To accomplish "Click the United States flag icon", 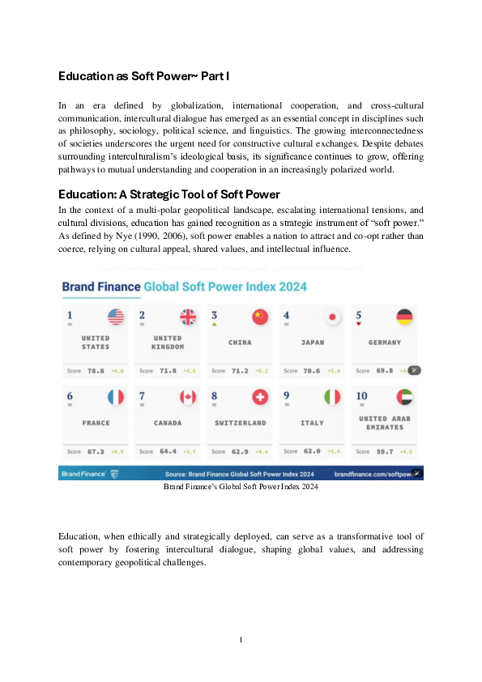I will [x=116, y=318].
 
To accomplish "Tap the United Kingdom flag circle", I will [x=188, y=318].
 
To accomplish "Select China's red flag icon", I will [x=260, y=318].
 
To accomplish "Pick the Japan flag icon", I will [x=332, y=318].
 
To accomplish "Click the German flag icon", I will [x=404, y=318].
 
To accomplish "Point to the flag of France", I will [x=116, y=397].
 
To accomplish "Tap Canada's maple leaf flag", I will [x=188, y=397].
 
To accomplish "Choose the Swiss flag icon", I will [x=260, y=397].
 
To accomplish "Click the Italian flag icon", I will [x=332, y=397].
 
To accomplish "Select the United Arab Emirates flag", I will [x=404, y=397].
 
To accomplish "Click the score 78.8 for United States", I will [x=95, y=371].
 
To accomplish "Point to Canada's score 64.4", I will [x=167, y=451].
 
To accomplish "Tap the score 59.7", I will [x=383, y=451].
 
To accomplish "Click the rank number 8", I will [x=214, y=395].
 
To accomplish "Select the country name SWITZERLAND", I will [x=241, y=423].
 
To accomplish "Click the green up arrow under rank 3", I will [x=214, y=325].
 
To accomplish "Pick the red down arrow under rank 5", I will [x=358, y=325].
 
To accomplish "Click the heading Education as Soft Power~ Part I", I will [x=144, y=76].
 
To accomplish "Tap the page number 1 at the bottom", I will [x=241, y=640].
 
